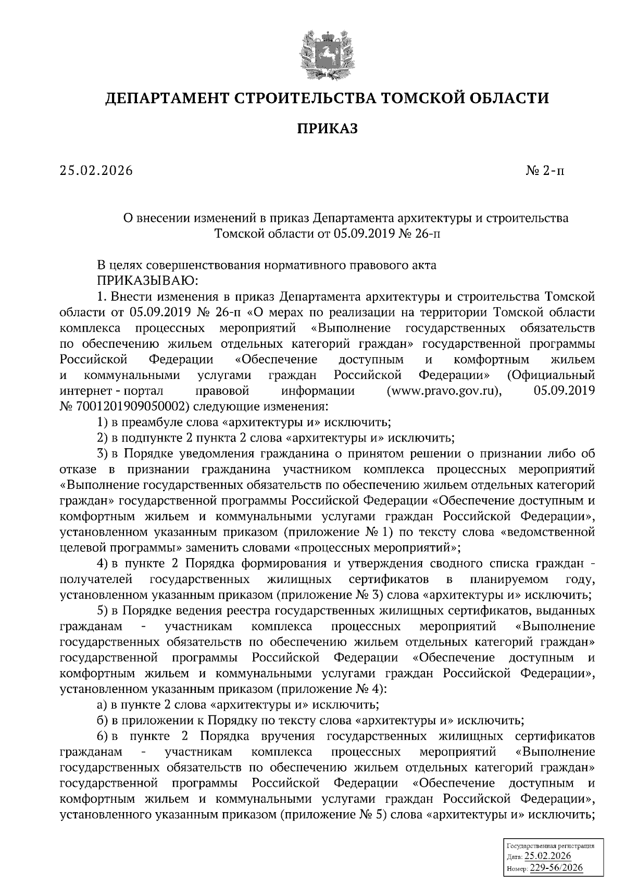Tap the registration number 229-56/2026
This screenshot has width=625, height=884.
coord(556,867)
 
